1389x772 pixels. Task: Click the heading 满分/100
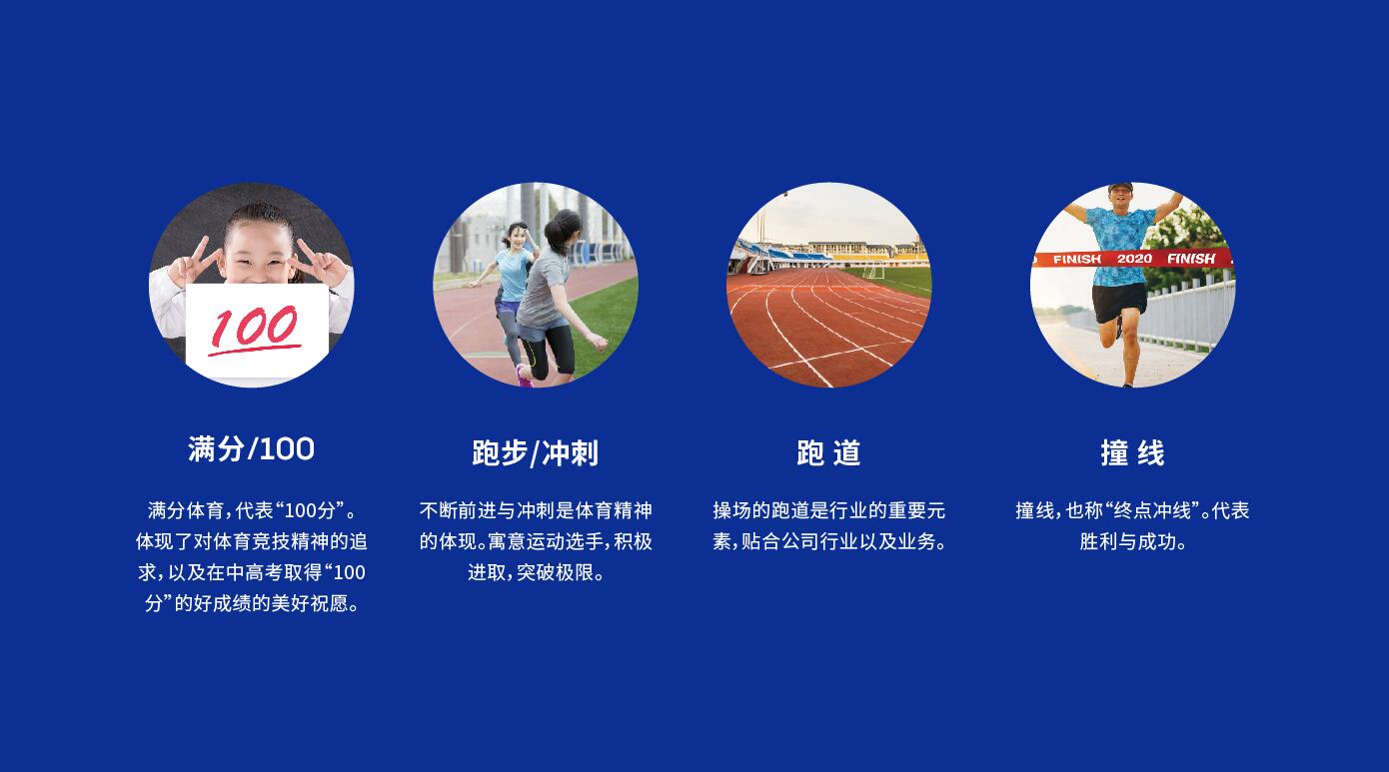(x=251, y=449)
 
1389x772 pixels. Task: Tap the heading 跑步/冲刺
(x=536, y=453)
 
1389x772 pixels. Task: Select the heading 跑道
(x=828, y=453)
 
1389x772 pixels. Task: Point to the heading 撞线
(x=1132, y=453)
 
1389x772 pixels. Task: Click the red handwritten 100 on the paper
(x=254, y=329)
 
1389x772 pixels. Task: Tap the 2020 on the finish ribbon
(x=1134, y=259)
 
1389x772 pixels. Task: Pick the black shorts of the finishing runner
(x=1118, y=303)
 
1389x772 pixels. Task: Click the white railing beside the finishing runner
(x=1181, y=313)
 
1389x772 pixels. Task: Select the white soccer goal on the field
(x=873, y=273)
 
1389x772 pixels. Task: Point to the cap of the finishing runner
(x=1120, y=187)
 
